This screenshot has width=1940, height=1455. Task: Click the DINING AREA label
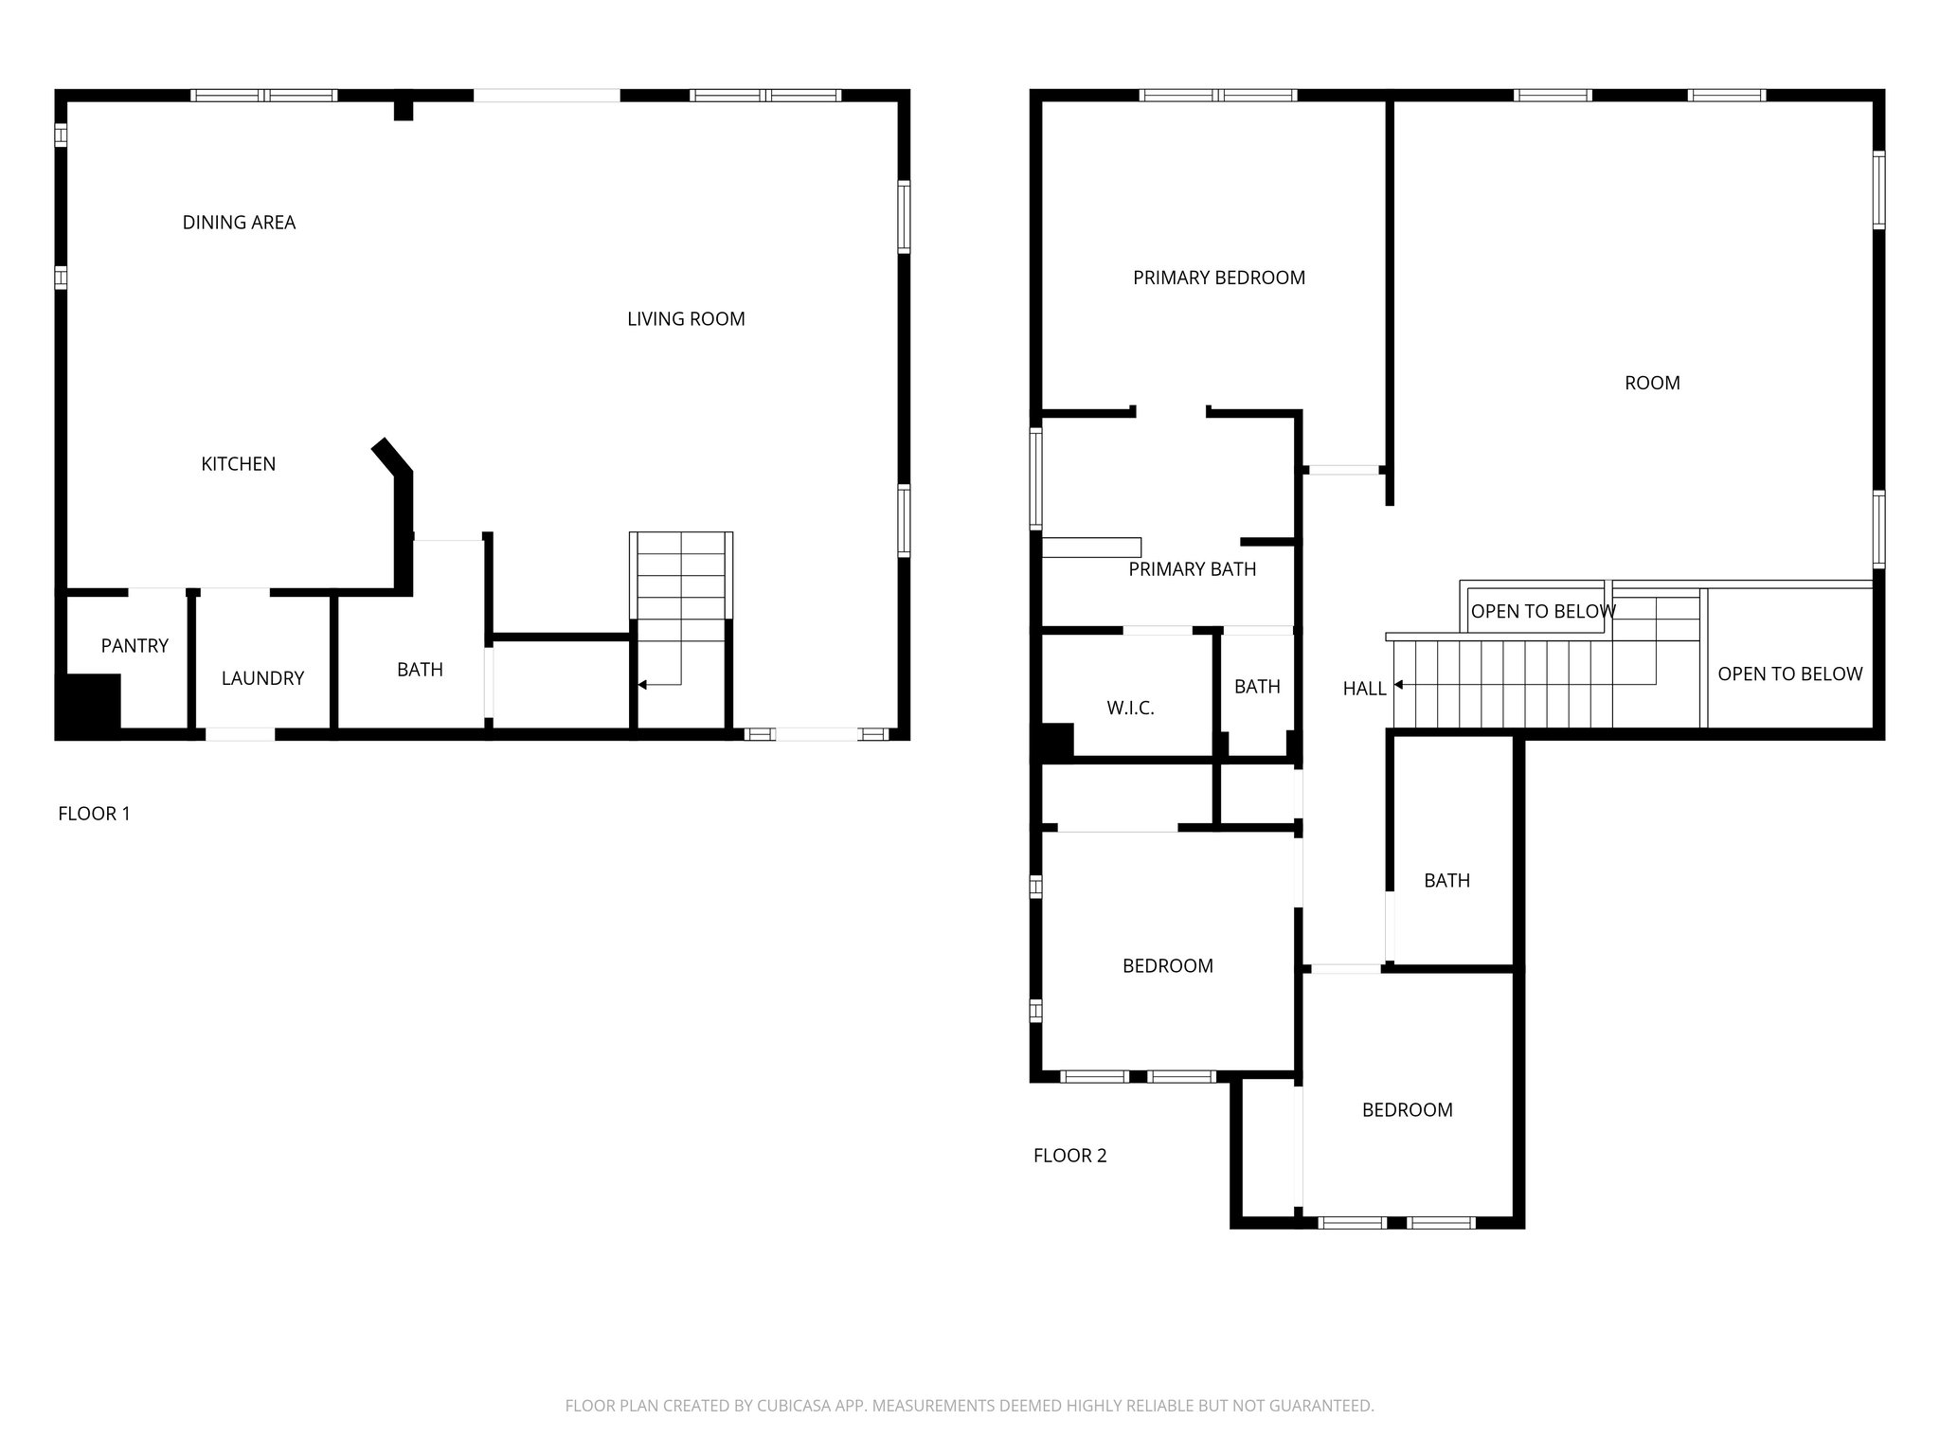click(239, 223)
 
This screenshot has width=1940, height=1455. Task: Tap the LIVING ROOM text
click(686, 319)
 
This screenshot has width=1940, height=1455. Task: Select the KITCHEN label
click(239, 464)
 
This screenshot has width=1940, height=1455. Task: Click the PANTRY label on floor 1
click(135, 646)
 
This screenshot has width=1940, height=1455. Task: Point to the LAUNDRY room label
click(262, 678)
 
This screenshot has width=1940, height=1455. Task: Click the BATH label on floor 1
click(420, 670)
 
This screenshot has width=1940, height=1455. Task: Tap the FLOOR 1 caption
click(94, 814)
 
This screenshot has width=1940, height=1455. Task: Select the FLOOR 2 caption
click(1069, 1156)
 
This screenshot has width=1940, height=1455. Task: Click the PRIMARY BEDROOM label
click(1219, 278)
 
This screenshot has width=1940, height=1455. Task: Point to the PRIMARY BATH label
click(1192, 569)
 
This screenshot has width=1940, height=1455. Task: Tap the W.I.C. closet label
click(1130, 709)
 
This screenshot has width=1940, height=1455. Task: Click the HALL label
click(1364, 690)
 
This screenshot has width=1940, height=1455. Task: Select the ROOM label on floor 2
click(1652, 383)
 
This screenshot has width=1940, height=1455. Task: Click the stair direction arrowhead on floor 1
click(642, 684)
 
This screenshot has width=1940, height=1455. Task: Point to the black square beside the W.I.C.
click(1056, 740)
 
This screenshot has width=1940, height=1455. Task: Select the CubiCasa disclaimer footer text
click(969, 1406)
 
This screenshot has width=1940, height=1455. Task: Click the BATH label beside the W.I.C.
click(1257, 687)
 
